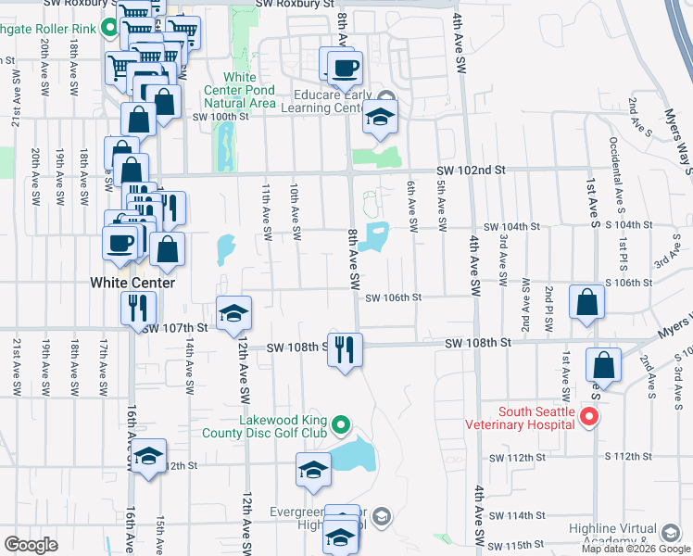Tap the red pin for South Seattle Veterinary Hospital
[x=586, y=419]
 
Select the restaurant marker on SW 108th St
[x=345, y=350]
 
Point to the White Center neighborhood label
[x=132, y=282]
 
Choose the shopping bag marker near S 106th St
[x=587, y=302]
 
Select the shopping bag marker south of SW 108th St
[x=604, y=366]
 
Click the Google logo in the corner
[x=31, y=545]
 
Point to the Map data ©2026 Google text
[x=636, y=549]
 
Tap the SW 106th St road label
[x=394, y=297]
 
